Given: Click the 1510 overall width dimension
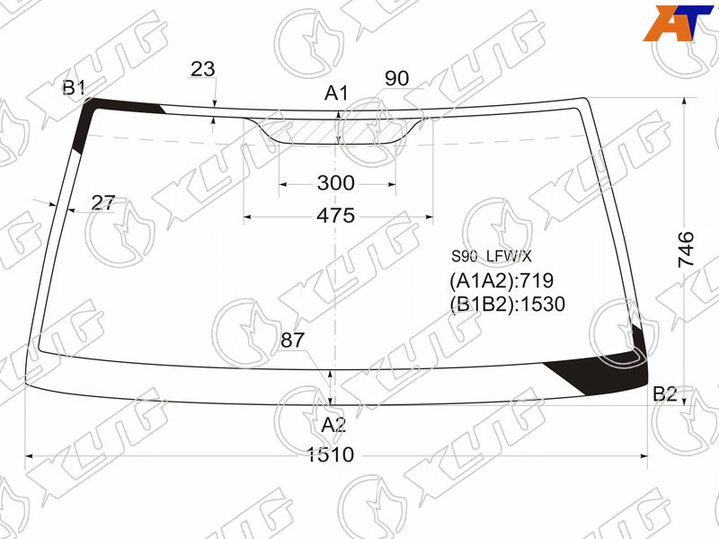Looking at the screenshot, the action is [x=330, y=455].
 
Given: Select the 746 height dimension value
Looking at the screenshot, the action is [x=687, y=250].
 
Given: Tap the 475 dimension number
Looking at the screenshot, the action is [x=335, y=216].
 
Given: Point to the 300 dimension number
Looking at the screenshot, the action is [x=335, y=183].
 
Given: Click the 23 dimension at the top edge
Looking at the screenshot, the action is [x=202, y=69].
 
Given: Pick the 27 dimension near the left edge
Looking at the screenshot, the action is [x=102, y=203].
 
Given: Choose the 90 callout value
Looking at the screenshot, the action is [x=396, y=78].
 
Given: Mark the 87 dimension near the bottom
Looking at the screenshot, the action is [x=293, y=340].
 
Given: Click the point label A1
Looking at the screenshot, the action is [x=336, y=93].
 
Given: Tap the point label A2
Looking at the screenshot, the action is [x=333, y=425].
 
